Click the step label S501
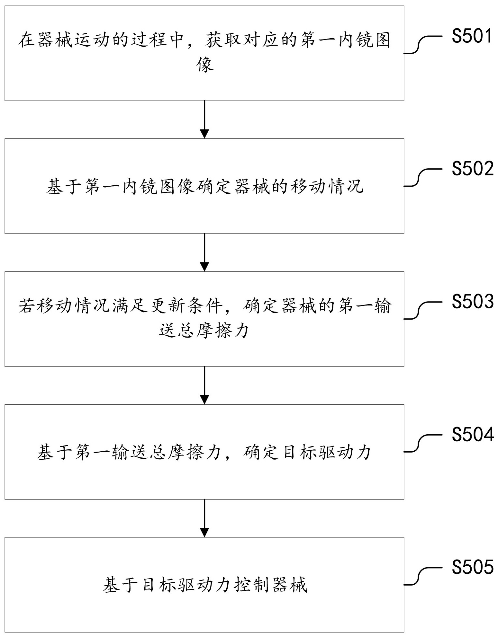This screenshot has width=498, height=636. [472, 36]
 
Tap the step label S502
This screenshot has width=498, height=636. [472, 169]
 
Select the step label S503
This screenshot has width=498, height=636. [472, 302]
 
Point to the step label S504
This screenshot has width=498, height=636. [472, 435]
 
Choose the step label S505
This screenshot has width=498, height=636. [472, 568]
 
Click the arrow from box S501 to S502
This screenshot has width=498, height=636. [204, 119]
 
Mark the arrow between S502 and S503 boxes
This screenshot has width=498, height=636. [204, 252]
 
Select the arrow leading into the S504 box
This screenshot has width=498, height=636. [204, 385]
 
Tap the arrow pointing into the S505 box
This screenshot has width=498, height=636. [204, 518]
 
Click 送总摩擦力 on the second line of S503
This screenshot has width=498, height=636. [204, 330]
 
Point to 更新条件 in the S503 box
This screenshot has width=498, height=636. [186, 305]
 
